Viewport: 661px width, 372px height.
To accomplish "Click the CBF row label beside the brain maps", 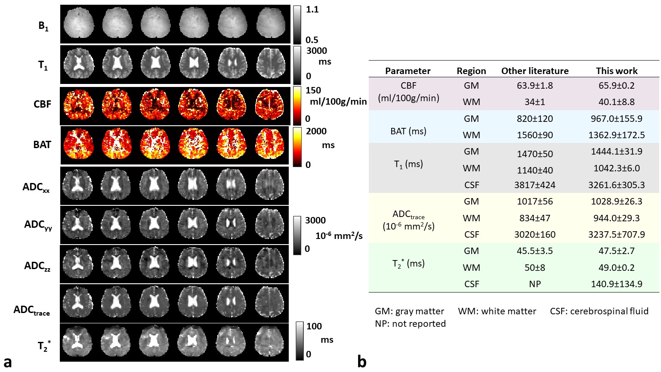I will click(x=42, y=104).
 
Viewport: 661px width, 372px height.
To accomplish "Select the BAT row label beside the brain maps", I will click(x=42, y=145).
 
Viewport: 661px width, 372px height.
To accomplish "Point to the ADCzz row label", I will click(x=37, y=266).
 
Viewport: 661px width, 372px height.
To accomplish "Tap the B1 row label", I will click(x=43, y=26).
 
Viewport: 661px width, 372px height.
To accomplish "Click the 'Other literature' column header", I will click(x=535, y=71).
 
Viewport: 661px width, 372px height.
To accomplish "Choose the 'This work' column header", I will click(x=617, y=71).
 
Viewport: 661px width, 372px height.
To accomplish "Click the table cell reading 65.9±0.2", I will click(x=617, y=86).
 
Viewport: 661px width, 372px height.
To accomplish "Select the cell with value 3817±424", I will click(x=535, y=185).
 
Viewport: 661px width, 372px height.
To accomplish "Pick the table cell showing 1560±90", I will click(x=535, y=135).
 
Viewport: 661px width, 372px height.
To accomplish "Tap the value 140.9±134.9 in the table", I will click(x=617, y=284).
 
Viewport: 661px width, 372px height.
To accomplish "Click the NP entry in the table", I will click(x=535, y=284).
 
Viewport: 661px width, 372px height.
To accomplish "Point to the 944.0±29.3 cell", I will click(x=617, y=218).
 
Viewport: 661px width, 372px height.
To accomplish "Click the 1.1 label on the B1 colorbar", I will click(x=312, y=9).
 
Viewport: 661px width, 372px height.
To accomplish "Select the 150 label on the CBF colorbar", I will click(x=313, y=90).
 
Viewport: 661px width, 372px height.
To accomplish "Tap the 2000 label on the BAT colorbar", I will click(x=316, y=131).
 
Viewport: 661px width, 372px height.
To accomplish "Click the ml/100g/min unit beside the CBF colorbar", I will click(x=338, y=102).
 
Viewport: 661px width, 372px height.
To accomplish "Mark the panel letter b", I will click(x=362, y=362).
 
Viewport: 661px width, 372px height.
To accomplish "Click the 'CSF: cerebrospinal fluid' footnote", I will click(x=599, y=311).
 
